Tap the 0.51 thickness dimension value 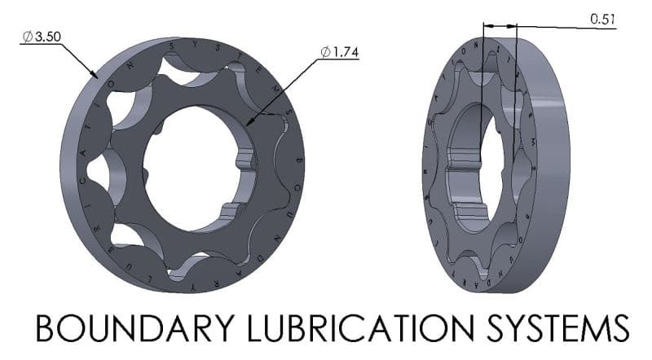(x=602, y=21)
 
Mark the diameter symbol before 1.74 (x=325, y=52)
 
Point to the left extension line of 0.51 (x=483, y=81)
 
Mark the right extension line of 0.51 (x=516, y=81)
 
